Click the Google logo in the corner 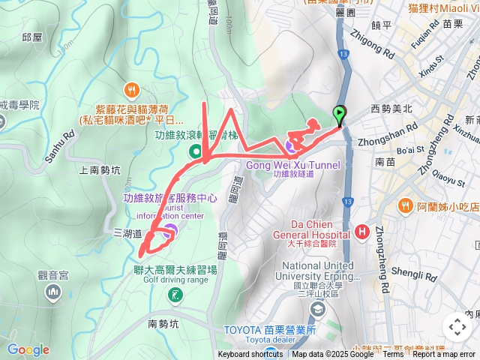tap(28, 349)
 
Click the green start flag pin tap(340, 115)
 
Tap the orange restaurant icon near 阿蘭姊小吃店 tap(406, 205)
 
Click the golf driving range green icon tap(175, 295)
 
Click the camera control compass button tap(457, 327)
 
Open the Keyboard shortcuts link tap(250, 355)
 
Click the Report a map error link tap(443, 355)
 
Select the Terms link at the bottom tap(392, 355)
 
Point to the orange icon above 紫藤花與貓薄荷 tap(132, 90)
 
